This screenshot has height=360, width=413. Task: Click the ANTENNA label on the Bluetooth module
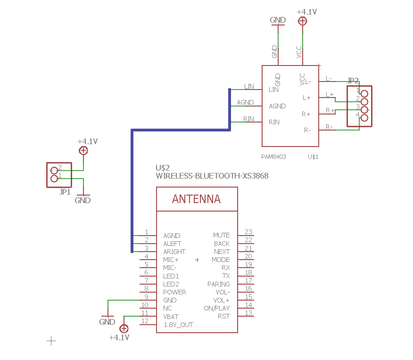point(196,199)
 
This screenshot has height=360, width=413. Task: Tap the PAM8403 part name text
point(273,157)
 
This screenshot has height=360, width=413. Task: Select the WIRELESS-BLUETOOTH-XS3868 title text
point(212,176)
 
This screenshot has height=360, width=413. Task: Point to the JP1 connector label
point(65,192)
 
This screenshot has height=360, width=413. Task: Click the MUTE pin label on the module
point(221,235)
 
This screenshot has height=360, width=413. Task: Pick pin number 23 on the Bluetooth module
point(248,232)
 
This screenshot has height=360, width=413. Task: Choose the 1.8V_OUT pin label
point(178,325)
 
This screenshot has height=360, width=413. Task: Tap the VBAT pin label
point(171,317)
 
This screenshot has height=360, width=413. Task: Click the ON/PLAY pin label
point(217,309)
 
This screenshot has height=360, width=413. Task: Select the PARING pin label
point(219,284)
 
